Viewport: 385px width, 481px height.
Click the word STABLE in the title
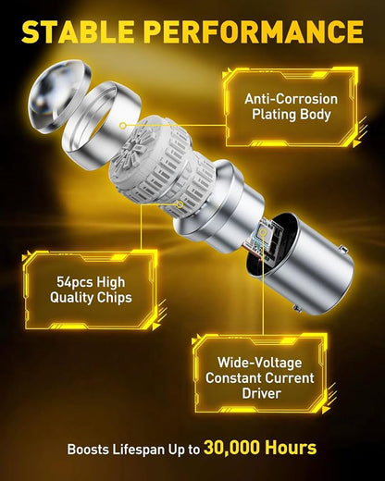78,31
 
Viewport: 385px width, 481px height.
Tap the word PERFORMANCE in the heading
254,31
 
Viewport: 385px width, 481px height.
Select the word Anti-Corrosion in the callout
292,99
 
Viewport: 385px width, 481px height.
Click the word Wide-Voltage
260,363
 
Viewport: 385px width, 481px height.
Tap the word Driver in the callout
261,393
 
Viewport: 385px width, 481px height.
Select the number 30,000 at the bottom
232,448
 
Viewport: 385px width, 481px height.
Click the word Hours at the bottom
291,447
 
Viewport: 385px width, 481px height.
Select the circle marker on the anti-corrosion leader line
123,126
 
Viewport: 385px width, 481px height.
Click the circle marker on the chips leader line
180,204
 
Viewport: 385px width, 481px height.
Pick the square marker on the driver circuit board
263,231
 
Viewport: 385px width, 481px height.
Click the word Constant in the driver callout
233,378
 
